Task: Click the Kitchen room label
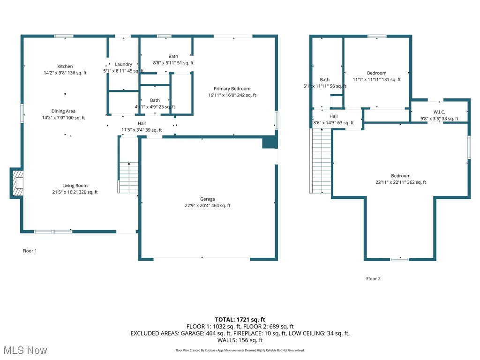[65, 67]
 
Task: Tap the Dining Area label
[63, 112]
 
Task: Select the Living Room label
[75, 186]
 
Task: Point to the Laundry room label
[123, 64]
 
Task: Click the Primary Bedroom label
[232, 89]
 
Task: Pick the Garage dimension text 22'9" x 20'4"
[208, 205]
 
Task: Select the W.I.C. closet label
[439, 112]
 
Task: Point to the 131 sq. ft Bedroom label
[376, 73]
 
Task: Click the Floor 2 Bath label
[325, 80]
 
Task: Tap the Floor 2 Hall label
[333, 116]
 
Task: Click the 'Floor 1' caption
[30, 251]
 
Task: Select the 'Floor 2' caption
[373, 278]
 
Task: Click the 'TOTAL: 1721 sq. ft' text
[240, 320]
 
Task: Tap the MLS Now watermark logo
[25, 350]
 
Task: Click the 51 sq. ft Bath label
[173, 57]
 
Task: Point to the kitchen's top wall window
[64, 36]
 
